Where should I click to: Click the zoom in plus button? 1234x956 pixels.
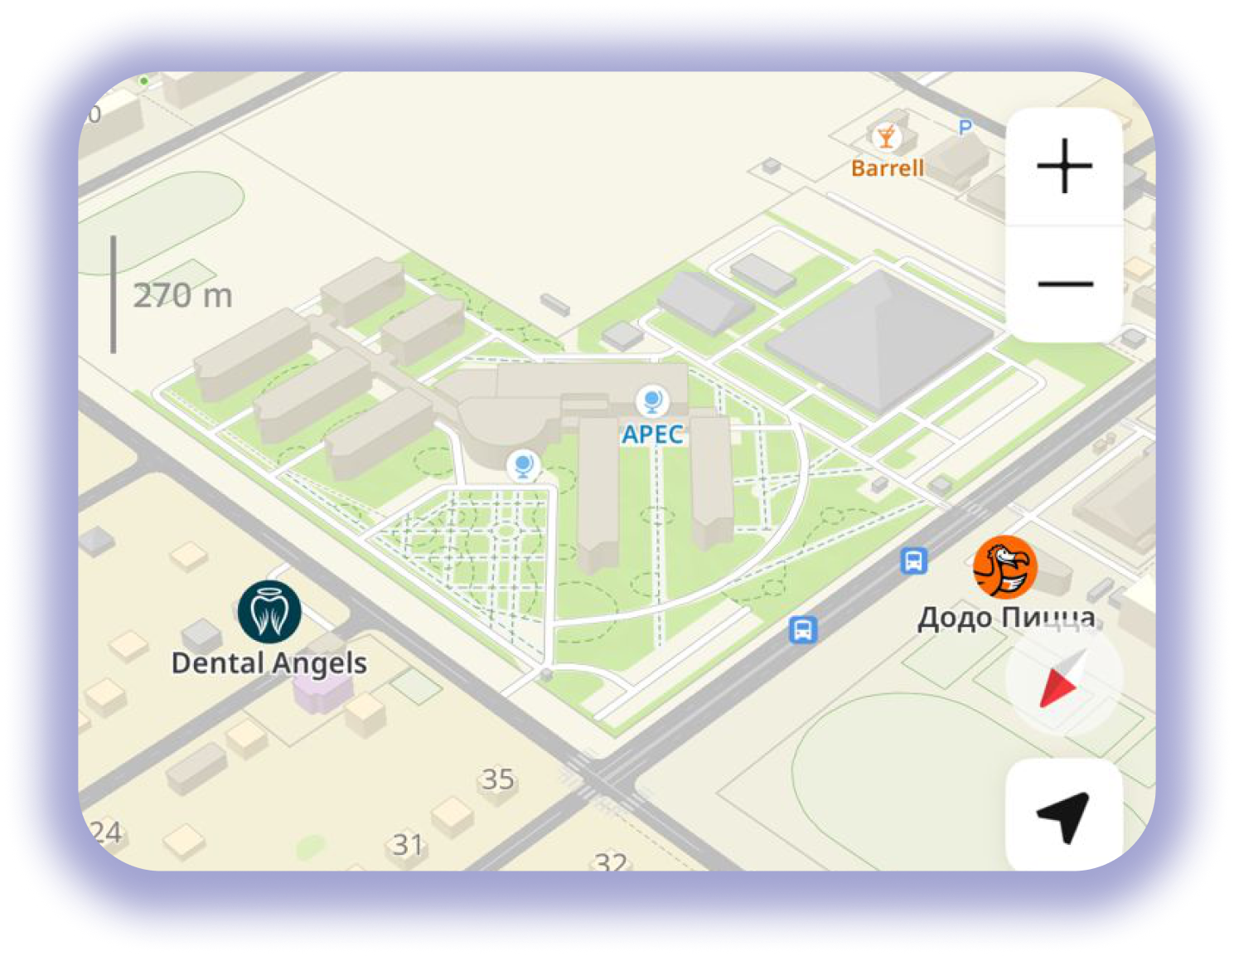pyautogui.click(x=1064, y=166)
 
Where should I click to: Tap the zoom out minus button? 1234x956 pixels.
pyautogui.click(x=1064, y=284)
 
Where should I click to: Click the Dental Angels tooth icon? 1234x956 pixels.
pyautogui.click(x=269, y=612)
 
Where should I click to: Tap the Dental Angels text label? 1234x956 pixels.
pyautogui.click(x=269, y=663)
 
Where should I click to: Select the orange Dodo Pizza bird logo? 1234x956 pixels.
pyautogui.click(x=1004, y=568)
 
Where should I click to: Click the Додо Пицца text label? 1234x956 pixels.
pyautogui.click(x=1006, y=618)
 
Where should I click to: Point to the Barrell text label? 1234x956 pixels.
pyautogui.click(x=887, y=168)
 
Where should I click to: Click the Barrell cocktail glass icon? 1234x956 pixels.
pyautogui.click(x=886, y=136)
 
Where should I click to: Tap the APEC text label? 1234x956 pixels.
pyautogui.click(x=653, y=434)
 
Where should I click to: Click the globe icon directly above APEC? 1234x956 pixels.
pyautogui.click(x=652, y=401)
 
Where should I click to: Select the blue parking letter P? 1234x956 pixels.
pyautogui.click(x=965, y=128)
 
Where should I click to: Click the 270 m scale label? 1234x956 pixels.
pyautogui.click(x=183, y=296)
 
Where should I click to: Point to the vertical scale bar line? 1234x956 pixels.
pyautogui.click(x=114, y=294)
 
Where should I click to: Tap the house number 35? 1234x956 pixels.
pyautogui.click(x=498, y=779)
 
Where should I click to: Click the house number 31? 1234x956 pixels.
pyautogui.click(x=408, y=845)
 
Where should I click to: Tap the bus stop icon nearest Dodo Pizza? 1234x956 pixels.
pyautogui.click(x=913, y=561)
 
